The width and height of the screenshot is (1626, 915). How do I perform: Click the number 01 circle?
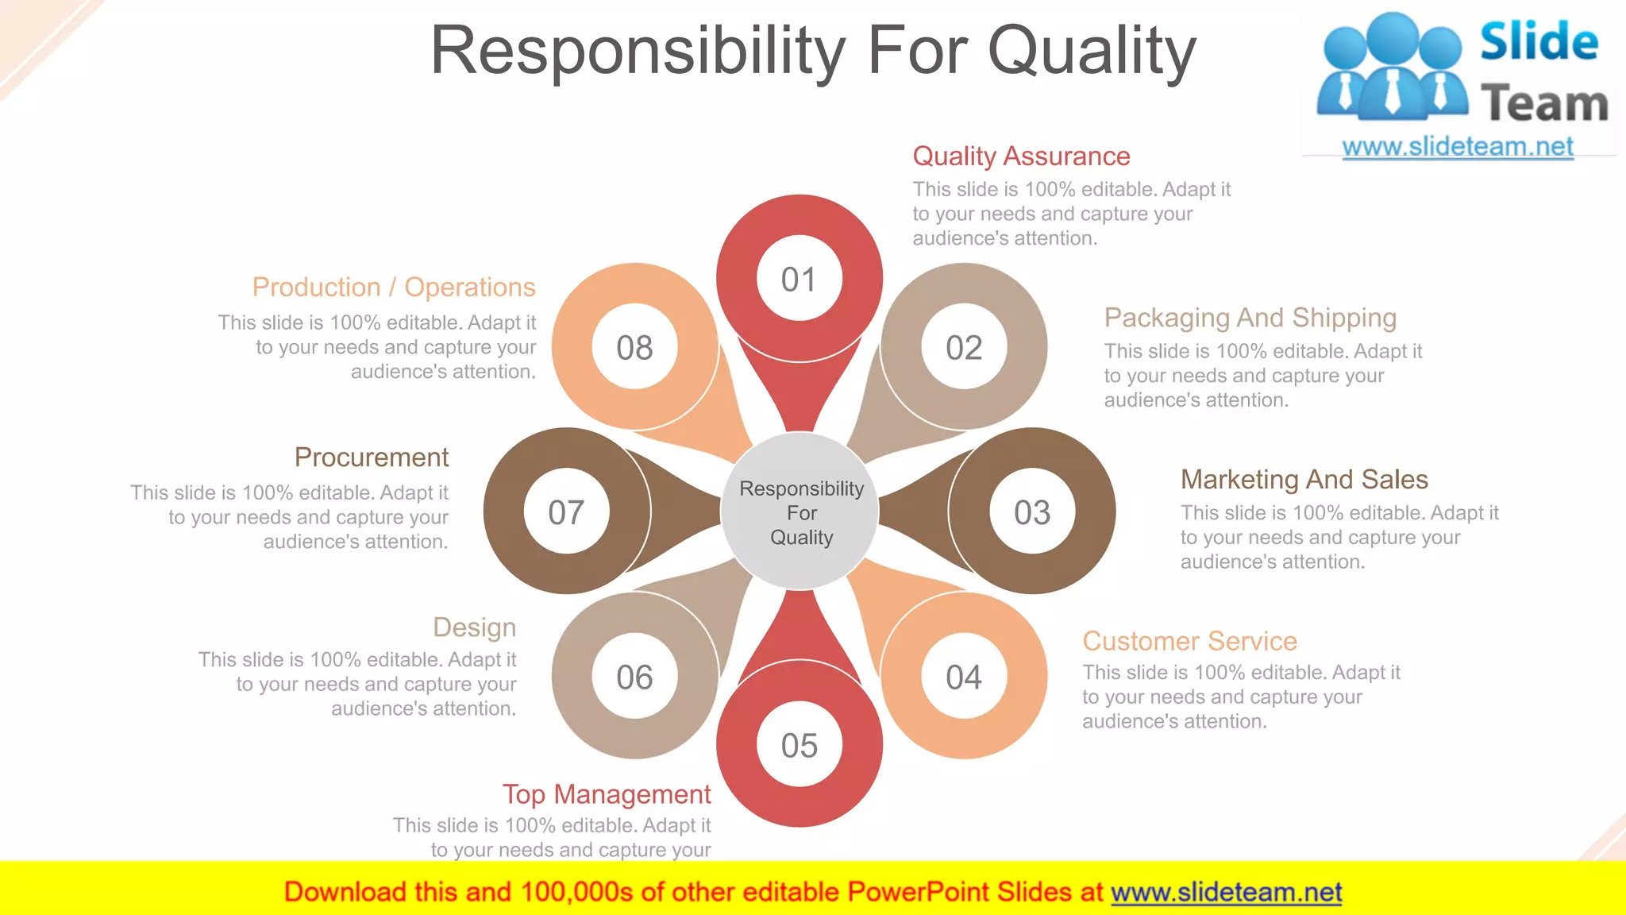799,279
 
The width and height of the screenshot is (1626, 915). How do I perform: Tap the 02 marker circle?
964,347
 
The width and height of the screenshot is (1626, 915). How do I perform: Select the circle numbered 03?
1032,512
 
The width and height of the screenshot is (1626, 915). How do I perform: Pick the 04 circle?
964,677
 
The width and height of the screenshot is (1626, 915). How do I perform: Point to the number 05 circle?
799,745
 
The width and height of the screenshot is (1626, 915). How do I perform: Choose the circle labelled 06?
634,677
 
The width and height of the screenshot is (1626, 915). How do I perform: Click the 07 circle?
566,512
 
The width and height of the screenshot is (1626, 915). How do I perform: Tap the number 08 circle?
634,347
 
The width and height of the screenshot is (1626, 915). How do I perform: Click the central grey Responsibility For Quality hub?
800,512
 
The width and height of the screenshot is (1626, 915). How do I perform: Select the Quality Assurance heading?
1021,156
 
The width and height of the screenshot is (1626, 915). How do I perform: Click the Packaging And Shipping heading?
1250,318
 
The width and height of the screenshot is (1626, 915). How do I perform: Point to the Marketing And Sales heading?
1304,480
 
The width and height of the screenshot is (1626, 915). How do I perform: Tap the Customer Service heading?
1189,641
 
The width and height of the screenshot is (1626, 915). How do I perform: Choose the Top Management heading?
607,794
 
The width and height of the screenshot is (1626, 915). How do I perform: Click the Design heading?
474,627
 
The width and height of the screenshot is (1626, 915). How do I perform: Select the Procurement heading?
371,457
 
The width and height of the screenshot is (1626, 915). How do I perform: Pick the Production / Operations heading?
394,288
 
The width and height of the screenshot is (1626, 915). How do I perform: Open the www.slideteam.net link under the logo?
1458,147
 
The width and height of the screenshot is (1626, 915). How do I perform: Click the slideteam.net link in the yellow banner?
1226,892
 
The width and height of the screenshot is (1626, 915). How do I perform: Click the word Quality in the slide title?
1092,52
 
